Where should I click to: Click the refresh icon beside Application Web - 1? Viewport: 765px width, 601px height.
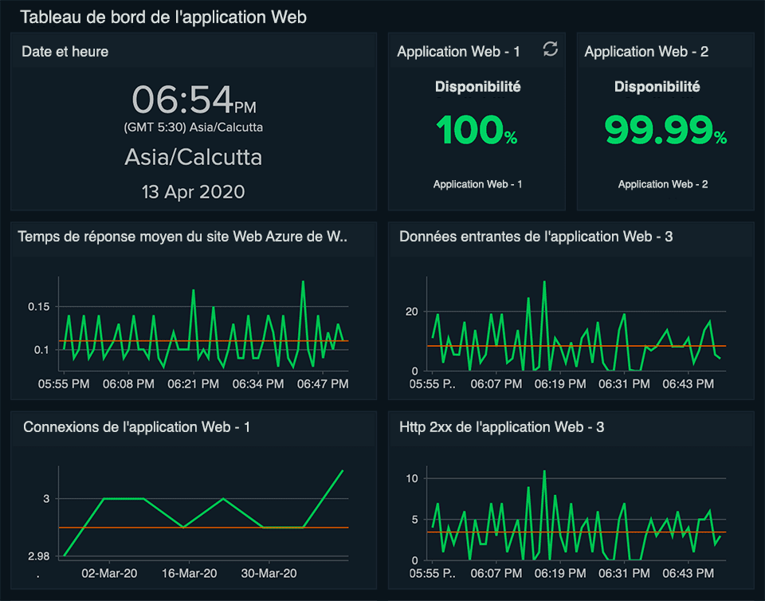click(551, 49)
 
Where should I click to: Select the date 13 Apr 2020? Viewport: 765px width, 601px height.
click(193, 192)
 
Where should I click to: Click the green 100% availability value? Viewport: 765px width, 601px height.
click(477, 131)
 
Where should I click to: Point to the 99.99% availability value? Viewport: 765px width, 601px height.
click(665, 131)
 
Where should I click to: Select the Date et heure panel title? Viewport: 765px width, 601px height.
click(65, 52)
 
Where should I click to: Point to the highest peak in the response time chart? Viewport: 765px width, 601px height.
click(303, 281)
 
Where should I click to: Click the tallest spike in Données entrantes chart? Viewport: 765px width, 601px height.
click(544, 281)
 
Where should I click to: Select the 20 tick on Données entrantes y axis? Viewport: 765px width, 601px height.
click(411, 311)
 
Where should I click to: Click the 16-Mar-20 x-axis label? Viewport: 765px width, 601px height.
click(189, 573)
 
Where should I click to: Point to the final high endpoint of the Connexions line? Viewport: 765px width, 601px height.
click(343, 470)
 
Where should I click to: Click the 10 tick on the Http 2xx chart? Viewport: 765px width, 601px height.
click(412, 478)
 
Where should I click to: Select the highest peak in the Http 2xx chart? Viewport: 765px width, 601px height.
click(544, 471)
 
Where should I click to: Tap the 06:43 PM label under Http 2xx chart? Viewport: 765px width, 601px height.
click(688, 573)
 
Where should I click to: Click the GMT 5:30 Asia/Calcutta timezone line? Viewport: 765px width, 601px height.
click(193, 128)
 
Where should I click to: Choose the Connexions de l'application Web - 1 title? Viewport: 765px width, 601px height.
click(137, 427)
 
